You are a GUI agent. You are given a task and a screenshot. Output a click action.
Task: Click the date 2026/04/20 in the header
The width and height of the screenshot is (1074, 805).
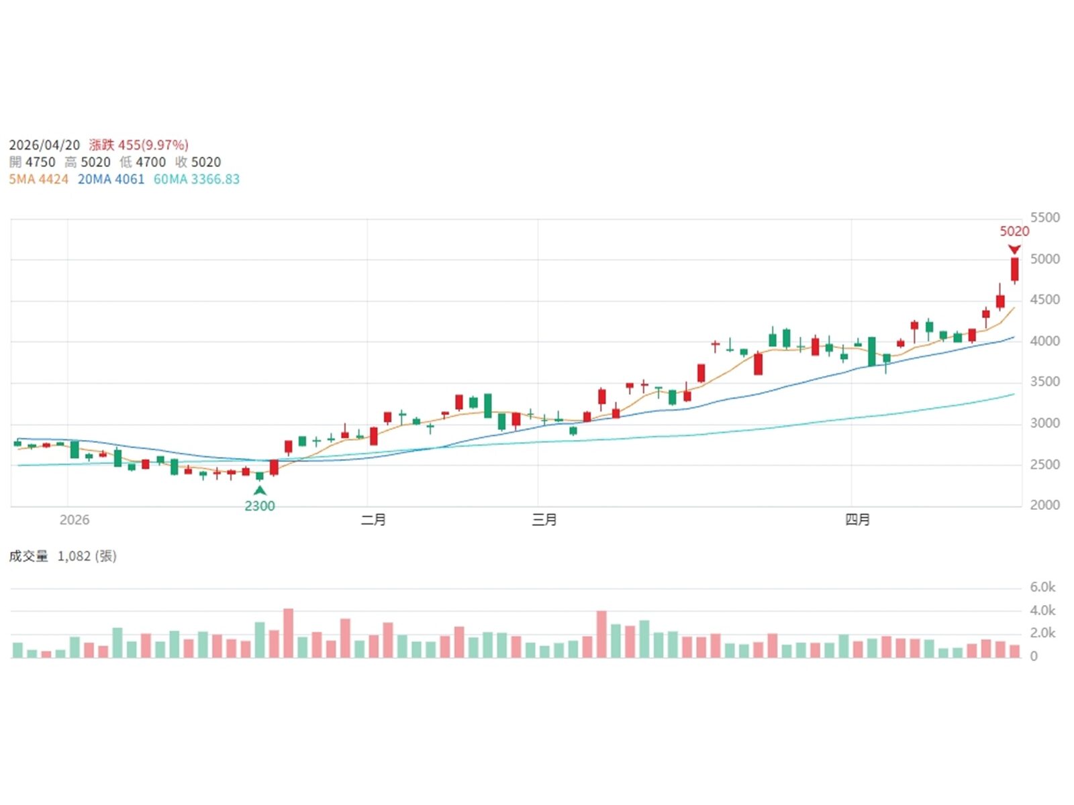click(44, 145)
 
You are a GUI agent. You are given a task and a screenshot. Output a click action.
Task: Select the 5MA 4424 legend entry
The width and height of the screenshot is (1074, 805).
click(38, 179)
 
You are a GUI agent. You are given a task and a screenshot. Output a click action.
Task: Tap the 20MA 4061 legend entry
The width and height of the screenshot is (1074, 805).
click(111, 179)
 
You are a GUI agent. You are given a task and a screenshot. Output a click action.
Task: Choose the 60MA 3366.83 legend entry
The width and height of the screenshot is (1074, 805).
click(197, 179)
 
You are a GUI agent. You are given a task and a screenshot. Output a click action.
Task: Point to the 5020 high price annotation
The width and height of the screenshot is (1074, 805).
click(1014, 231)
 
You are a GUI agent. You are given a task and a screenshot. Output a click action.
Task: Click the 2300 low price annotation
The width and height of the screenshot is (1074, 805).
click(260, 506)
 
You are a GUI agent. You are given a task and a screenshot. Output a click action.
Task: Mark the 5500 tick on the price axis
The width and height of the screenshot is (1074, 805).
click(1044, 217)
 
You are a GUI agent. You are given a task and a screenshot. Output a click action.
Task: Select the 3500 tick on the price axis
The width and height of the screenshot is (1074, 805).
click(1044, 382)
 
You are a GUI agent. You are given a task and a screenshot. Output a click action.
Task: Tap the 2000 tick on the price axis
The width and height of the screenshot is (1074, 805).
click(1044, 505)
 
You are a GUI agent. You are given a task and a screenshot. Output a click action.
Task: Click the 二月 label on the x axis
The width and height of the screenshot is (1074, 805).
click(373, 520)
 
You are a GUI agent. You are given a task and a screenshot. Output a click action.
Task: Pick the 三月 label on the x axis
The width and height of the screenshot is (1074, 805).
click(544, 520)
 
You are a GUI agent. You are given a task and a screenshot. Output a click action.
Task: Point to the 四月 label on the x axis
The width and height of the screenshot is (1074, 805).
click(857, 520)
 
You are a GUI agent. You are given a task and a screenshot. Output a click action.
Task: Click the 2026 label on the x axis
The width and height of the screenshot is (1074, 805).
click(74, 520)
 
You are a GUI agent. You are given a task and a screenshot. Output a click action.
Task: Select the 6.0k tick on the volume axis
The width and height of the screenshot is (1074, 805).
click(1042, 587)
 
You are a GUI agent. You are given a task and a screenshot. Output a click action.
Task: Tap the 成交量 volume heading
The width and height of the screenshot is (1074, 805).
click(28, 556)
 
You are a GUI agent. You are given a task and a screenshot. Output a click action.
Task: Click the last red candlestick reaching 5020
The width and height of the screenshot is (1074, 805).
click(1015, 269)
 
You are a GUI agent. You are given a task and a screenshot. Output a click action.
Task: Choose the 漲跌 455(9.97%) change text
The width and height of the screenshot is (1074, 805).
click(138, 145)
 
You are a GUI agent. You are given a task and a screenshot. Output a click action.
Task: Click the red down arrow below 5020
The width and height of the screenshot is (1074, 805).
click(1014, 250)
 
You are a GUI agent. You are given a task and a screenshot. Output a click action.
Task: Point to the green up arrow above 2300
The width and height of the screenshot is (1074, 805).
click(260, 490)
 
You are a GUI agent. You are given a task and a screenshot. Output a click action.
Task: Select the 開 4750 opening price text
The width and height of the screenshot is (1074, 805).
click(32, 162)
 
